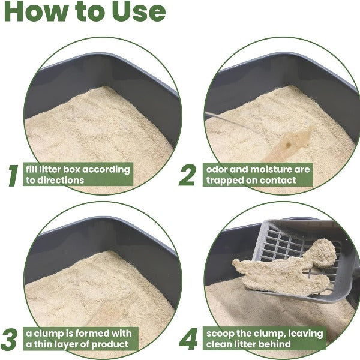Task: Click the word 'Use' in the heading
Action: coord(139,11)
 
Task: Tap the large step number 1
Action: coord(13,175)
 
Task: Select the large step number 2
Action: coord(188,175)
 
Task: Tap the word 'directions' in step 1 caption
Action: coord(61,180)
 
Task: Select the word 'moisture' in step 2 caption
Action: coord(271,169)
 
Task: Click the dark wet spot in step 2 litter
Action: coord(288,144)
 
